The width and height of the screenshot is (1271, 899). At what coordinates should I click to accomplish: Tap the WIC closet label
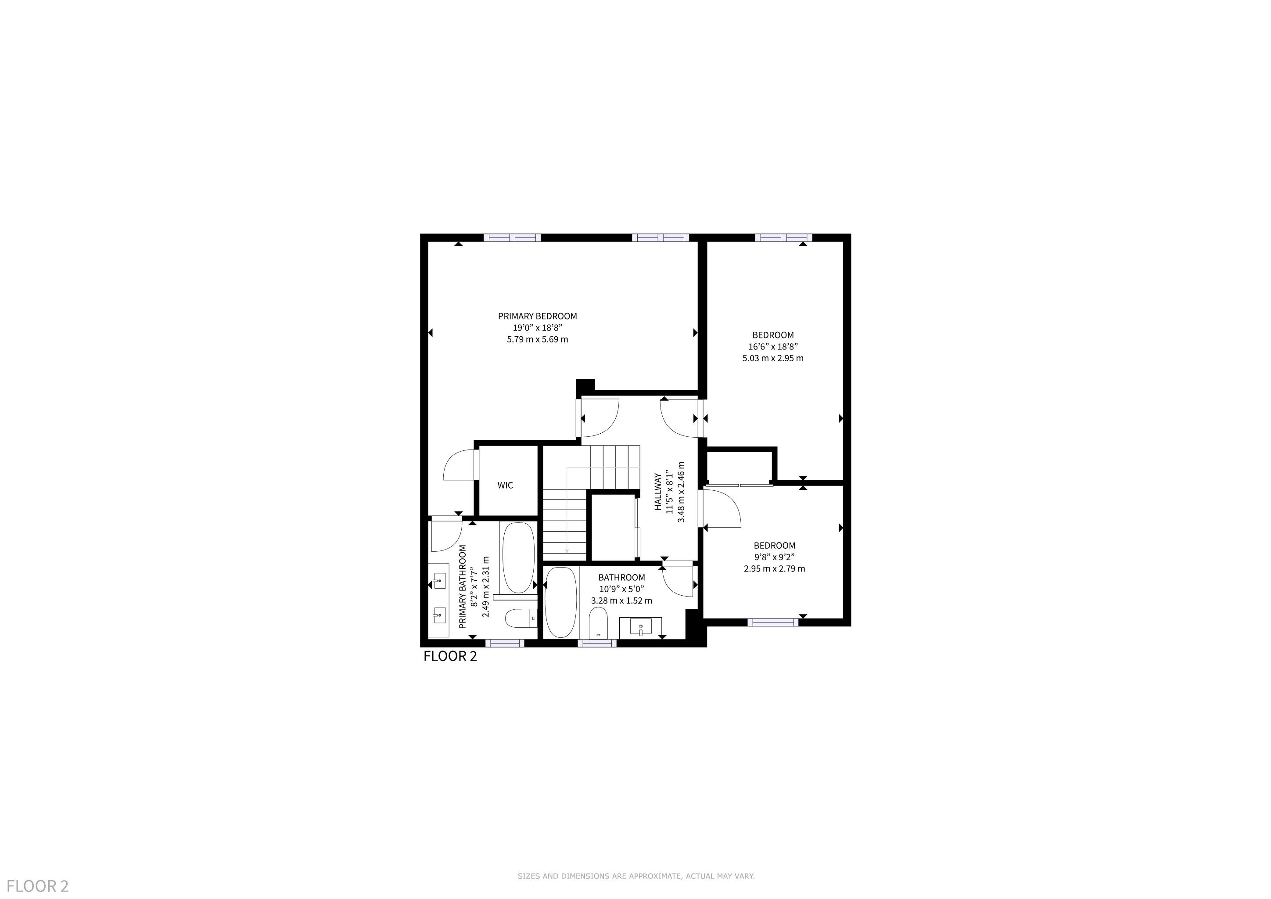pos(505,485)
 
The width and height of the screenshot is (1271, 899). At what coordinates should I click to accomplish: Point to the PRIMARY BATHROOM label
pos(463,587)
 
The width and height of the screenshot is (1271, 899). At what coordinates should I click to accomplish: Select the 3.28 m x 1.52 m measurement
pos(621,601)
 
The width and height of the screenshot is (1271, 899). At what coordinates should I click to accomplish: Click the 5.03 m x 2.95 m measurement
pos(773,358)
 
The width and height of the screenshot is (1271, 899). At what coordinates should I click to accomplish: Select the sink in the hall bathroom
pos(640,628)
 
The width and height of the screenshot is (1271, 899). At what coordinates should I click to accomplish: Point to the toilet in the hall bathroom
pos(598,623)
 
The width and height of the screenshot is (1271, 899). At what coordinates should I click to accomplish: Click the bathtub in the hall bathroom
pos(561,602)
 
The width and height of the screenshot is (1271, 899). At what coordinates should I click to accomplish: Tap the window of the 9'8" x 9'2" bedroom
pos(773,622)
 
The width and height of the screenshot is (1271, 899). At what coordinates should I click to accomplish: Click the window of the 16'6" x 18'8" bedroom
pos(783,237)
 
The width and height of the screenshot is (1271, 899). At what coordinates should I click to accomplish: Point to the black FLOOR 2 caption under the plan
pos(450,657)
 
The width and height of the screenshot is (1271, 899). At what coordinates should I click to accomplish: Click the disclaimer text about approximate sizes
pos(636,876)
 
